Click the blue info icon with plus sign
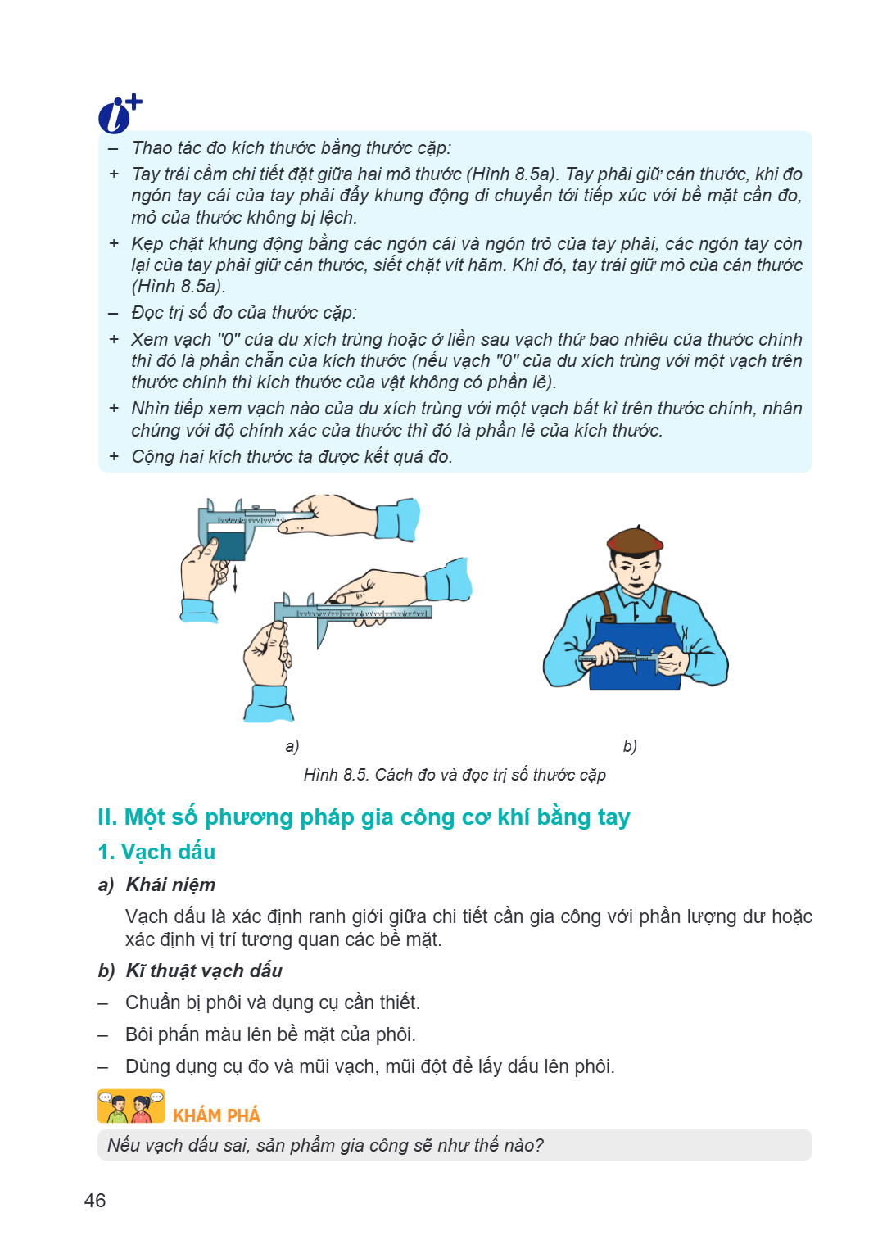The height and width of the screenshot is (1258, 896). click(119, 114)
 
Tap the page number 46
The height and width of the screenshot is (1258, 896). click(95, 1201)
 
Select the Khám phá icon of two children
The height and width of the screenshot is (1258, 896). click(131, 1106)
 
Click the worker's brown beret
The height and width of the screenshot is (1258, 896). click(635, 541)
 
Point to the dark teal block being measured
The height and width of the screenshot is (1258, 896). click(226, 546)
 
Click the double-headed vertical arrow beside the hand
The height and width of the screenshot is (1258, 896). click(235, 579)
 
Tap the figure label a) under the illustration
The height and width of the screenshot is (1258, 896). click(292, 746)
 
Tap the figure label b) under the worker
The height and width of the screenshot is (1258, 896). click(630, 746)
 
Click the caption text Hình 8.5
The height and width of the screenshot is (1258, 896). click(336, 775)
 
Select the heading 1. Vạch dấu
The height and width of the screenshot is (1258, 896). click(156, 852)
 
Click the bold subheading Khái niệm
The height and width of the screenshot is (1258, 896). click(171, 885)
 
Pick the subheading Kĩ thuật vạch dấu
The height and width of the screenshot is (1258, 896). click(204, 971)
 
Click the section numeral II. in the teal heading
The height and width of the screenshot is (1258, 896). click(107, 817)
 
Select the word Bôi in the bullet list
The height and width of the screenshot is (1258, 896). click(139, 1034)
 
